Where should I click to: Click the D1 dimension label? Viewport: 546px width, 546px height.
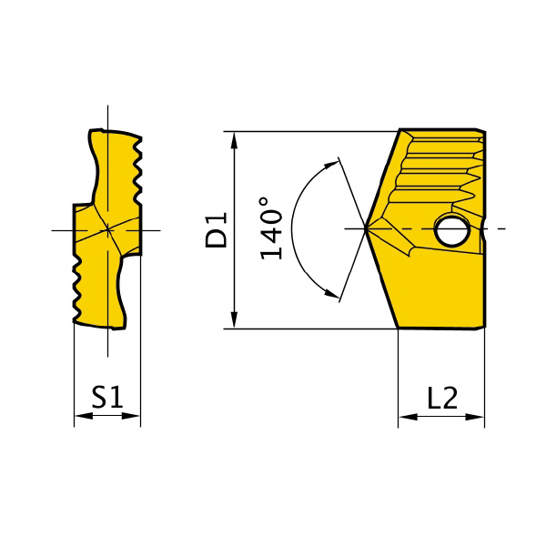[x=217, y=230]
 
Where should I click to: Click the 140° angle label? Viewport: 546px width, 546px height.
[x=270, y=228]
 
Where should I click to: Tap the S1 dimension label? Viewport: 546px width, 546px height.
[x=107, y=397]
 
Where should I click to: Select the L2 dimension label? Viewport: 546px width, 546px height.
[x=442, y=398]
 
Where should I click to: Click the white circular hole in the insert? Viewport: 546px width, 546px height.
[x=452, y=230]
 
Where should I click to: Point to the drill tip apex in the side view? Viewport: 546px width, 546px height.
[x=365, y=228]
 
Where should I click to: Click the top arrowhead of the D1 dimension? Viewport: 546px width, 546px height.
[x=235, y=141]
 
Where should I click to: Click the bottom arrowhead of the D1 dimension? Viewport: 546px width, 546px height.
[x=235, y=319]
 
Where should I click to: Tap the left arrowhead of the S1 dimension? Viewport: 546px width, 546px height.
[x=84, y=416]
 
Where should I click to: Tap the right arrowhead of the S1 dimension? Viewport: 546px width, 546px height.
[x=130, y=416]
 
